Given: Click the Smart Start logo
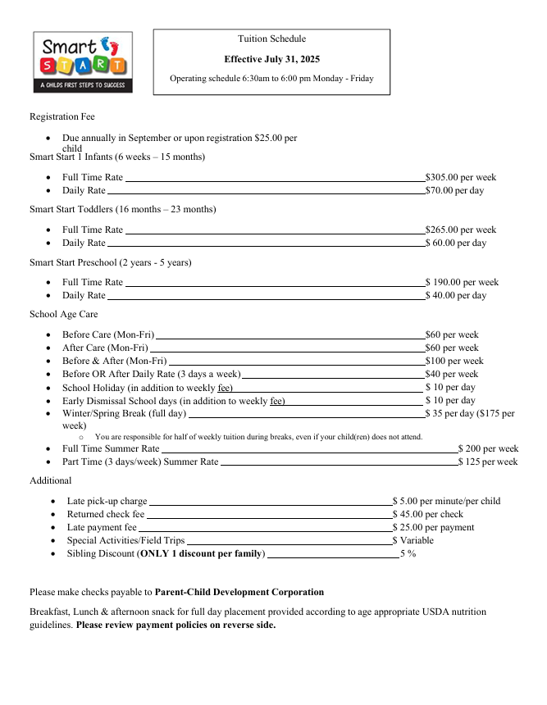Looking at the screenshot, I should (82, 62).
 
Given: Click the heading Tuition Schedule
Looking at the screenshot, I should (271, 39).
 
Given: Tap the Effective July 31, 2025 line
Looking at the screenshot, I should (271, 59).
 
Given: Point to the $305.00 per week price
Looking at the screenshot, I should (460, 177).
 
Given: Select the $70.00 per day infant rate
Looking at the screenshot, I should (454, 190).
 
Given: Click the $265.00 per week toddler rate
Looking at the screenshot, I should (460, 230).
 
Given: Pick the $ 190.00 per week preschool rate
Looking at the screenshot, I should (461, 282).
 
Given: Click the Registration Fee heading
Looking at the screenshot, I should (62, 117).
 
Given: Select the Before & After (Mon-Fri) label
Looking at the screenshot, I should (114, 361).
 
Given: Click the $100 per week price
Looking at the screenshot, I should (454, 361).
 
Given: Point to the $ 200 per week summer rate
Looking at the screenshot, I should (488, 448).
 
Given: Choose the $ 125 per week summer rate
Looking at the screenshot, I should (488, 462).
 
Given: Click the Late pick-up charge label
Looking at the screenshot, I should (107, 501).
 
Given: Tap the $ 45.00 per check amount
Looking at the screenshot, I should (427, 514).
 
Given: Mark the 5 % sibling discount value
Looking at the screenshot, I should (408, 553).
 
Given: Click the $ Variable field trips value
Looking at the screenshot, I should (413, 540).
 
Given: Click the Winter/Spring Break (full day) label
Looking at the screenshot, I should (124, 413).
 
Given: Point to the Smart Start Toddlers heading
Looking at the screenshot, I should (123, 209).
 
